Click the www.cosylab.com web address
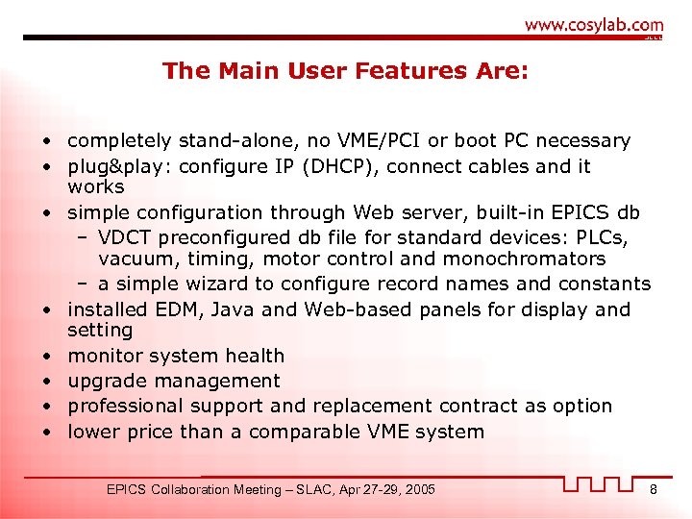tap(593, 26)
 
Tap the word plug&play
tap(113, 166)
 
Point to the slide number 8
tap(653, 490)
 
